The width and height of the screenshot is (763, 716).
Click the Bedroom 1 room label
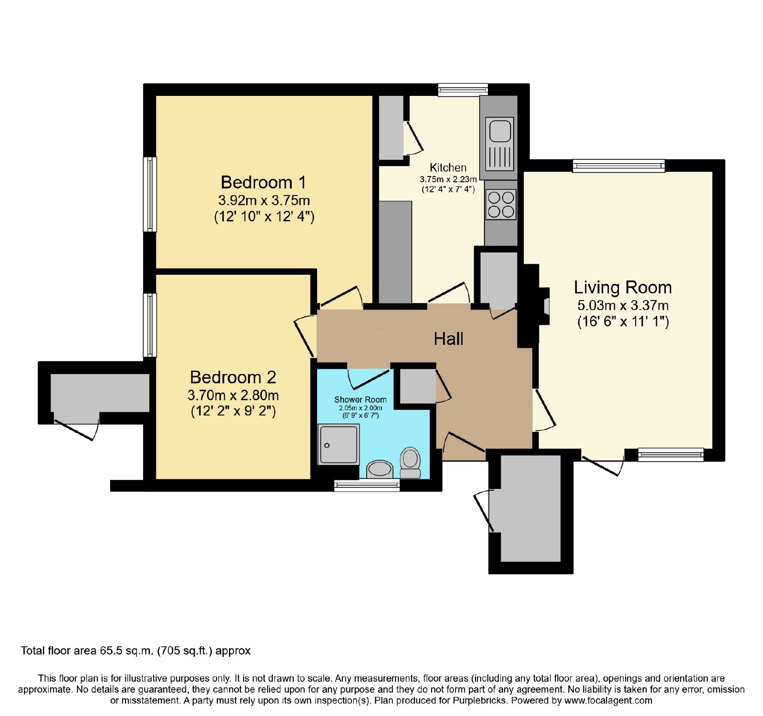[263, 182]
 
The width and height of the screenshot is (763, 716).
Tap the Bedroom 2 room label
[233, 377]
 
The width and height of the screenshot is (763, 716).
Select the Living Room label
[623, 288]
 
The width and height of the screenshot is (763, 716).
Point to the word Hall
[448, 339]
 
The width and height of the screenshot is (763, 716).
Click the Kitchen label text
[448, 167]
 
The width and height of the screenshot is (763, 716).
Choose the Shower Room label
[360, 400]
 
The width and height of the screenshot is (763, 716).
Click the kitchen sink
[500, 144]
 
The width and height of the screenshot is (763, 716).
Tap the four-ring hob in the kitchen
[501, 204]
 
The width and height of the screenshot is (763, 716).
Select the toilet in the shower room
[410, 462]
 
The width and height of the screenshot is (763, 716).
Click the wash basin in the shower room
[380, 469]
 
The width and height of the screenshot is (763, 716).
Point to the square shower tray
[339, 444]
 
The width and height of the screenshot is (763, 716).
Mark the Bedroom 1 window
[150, 194]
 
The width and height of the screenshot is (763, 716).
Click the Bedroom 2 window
[150, 325]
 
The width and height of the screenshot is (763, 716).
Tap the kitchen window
[463, 90]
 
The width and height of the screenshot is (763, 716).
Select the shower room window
[367, 485]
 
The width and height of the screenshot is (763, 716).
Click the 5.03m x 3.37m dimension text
[623, 305]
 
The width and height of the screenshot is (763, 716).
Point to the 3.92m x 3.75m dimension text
[264, 200]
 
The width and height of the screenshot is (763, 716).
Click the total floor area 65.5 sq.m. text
[135, 651]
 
